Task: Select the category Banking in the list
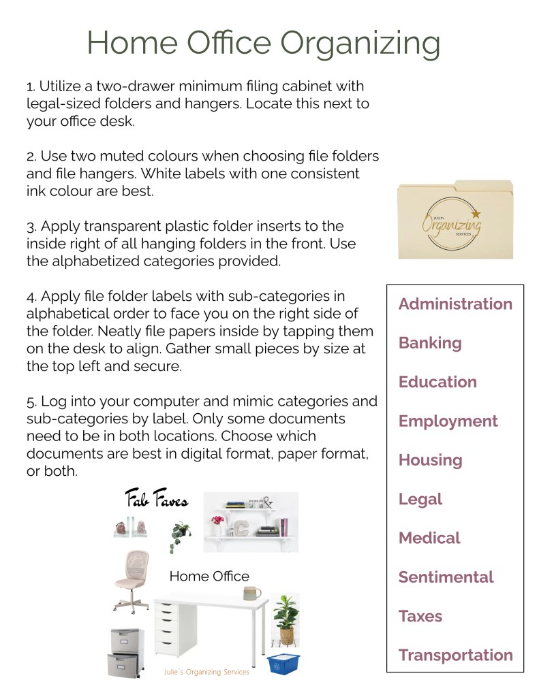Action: (430, 343)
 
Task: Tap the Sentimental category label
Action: (446, 577)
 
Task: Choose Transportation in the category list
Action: (455, 655)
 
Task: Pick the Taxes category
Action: (420, 617)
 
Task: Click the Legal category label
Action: (420, 500)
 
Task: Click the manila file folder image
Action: (455, 221)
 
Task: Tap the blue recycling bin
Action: (283, 663)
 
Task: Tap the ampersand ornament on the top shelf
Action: (266, 503)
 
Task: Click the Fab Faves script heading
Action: (156, 501)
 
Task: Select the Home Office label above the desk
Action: (209, 577)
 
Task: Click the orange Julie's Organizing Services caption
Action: (206, 672)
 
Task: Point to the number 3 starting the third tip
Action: (30, 226)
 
